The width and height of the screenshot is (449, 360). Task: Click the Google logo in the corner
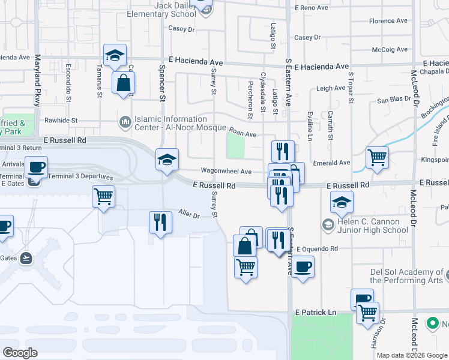tap(20, 353)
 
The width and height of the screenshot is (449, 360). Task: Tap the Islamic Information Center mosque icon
tap(125, 122)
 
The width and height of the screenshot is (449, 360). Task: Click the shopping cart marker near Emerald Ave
tap(377, 158)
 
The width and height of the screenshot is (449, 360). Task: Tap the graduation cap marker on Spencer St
tap(167, 160)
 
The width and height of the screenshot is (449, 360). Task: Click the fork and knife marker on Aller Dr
tap(160, 222)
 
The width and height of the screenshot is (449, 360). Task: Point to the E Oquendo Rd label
tap(313, 248)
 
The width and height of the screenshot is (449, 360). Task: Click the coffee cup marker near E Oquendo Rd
tap(303, 266)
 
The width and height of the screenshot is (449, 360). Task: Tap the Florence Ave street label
tap(388, 21)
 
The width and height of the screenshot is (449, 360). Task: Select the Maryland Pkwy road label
tap(37, 80)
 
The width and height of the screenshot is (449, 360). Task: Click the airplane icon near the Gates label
tap(25, 258)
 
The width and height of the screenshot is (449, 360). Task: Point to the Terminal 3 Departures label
tap(80, 177)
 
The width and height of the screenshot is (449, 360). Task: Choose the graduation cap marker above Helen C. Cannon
tap(342, 203)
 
